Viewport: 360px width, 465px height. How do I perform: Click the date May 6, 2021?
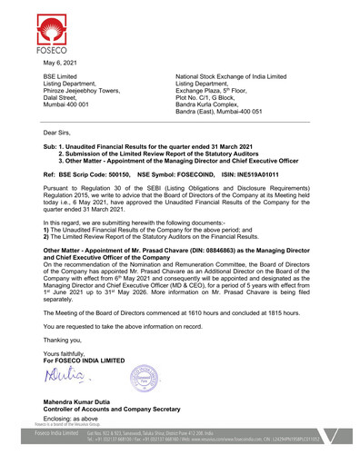(x=59, y=63)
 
